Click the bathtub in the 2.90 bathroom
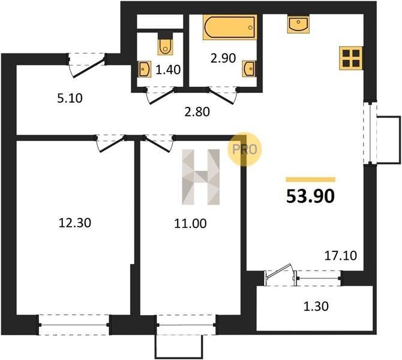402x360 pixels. tap(230, 27)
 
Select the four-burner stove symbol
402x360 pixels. tap(351, 58)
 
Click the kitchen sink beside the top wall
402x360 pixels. tap(298, 24)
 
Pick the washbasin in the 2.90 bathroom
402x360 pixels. tap(249, 69)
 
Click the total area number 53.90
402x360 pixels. tap(310, 196)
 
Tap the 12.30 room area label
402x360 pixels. tap(75, 223)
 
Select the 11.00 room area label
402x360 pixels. tap(190, 223)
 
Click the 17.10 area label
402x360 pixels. tap(341, 256)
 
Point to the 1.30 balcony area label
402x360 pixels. tap(316, 307)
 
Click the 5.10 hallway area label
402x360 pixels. tap(70, 98)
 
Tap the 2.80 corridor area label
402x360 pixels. tap(197, 112)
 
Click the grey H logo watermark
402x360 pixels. tap(201, 177)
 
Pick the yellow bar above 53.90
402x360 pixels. tap(310, 179)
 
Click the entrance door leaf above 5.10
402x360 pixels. tap(89, 68)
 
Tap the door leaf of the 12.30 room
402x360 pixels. tap(112, 145)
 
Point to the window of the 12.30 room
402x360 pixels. tap(74, 325)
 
